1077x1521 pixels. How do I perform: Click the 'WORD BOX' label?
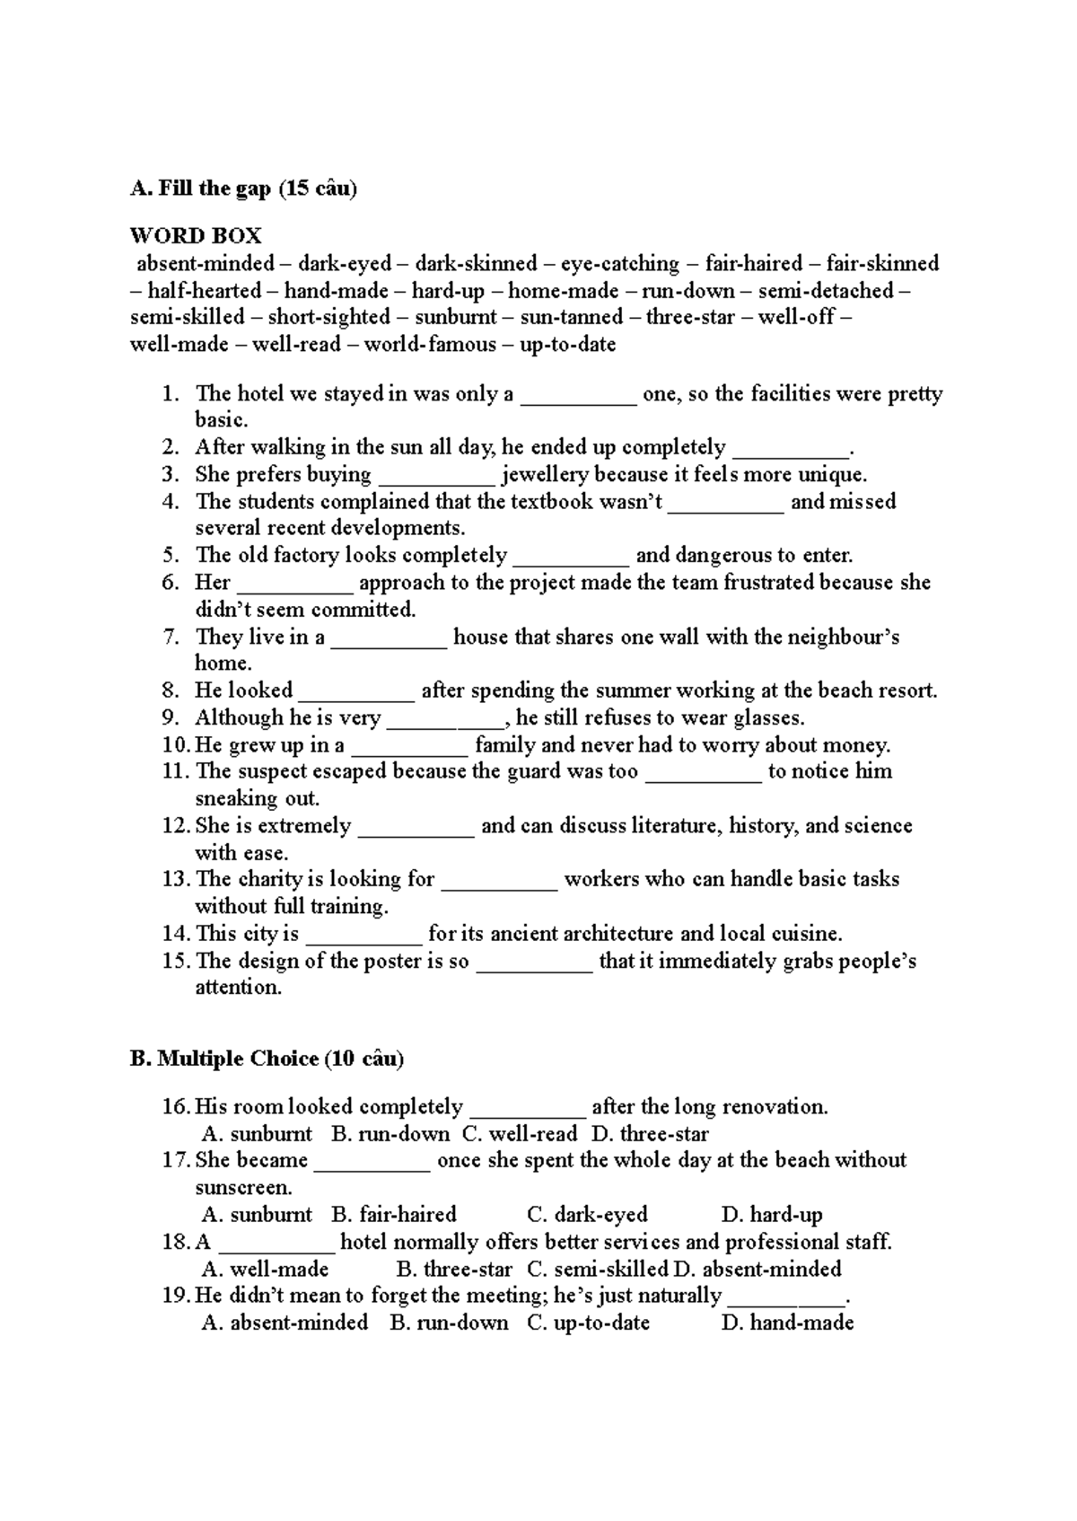tap(196, 236)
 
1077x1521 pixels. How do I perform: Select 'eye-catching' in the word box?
tap(620, 264)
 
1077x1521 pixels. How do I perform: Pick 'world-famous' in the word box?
tap(430, 345)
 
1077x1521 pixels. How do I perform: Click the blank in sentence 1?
tap(579, 395)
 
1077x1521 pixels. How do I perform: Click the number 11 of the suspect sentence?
tap(174, 772)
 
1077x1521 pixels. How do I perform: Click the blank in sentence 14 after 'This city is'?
tap(363, 935)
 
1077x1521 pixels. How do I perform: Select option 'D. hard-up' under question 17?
tap(772, 1216)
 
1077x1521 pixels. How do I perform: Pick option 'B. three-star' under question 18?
tap(453, 1270)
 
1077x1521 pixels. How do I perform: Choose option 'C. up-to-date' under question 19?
tap(588, 1323)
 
